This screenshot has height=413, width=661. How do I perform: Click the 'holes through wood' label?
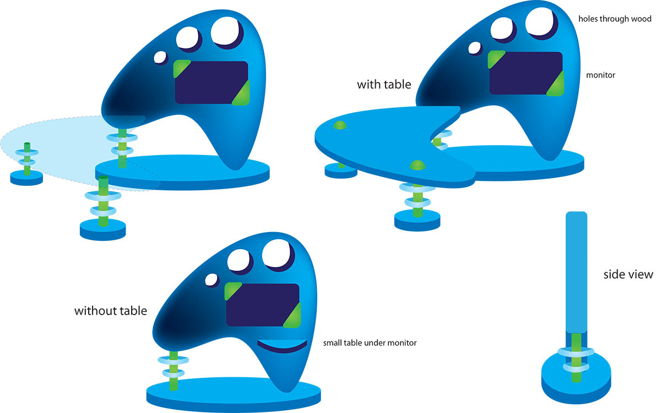click(x=615, y=19)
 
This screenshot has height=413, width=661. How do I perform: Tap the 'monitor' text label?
click(x=601, y=75)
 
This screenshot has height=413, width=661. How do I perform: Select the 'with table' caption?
click(x=384, y=84)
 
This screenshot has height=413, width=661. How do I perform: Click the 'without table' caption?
click(x=111, y=311)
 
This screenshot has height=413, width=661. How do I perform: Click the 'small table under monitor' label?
click(x=369, y=343)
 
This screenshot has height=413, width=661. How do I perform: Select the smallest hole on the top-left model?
click(x=160, y=57)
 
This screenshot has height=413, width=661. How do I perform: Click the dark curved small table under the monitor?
click(x=281, y=346)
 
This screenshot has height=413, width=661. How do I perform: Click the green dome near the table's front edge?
click(x=418, y=164)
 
